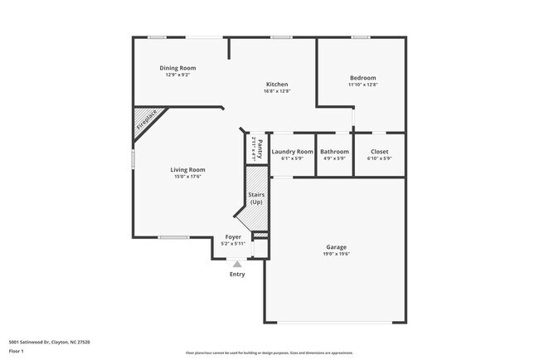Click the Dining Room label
pos(177,68)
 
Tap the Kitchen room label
pos(276,84)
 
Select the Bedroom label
pos(362,76)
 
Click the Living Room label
pos(188,169)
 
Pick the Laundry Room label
pos(292,151)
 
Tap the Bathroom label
pos(334,151)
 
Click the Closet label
pos(379,151)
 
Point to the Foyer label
pos(233,237)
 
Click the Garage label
pos(336,247)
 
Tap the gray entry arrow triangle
pos(236,264)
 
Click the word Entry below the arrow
pos(237,274)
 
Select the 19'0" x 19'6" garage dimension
pos(336,254)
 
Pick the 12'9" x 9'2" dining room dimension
pos(177,75)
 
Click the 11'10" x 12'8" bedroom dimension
pos(362,84)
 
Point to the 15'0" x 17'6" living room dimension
pos(188,176)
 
